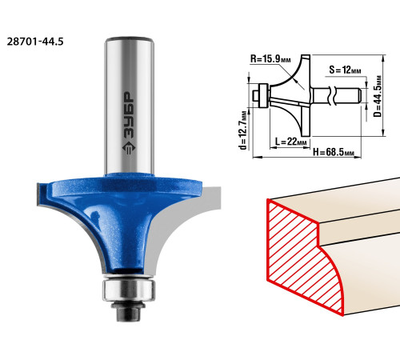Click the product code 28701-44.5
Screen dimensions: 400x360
(35, 42)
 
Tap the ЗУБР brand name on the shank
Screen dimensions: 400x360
(129, 115)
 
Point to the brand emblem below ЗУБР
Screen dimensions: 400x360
(129, 148)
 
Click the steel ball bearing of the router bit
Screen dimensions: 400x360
(129, 289)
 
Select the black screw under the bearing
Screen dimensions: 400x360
(129, 311)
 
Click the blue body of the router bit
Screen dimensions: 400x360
(122, 214)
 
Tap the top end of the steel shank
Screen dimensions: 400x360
(129, 39)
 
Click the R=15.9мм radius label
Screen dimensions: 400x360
(270, 59)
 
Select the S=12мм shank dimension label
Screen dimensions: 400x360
(345, 70)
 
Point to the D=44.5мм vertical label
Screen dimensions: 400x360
(378, 96)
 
